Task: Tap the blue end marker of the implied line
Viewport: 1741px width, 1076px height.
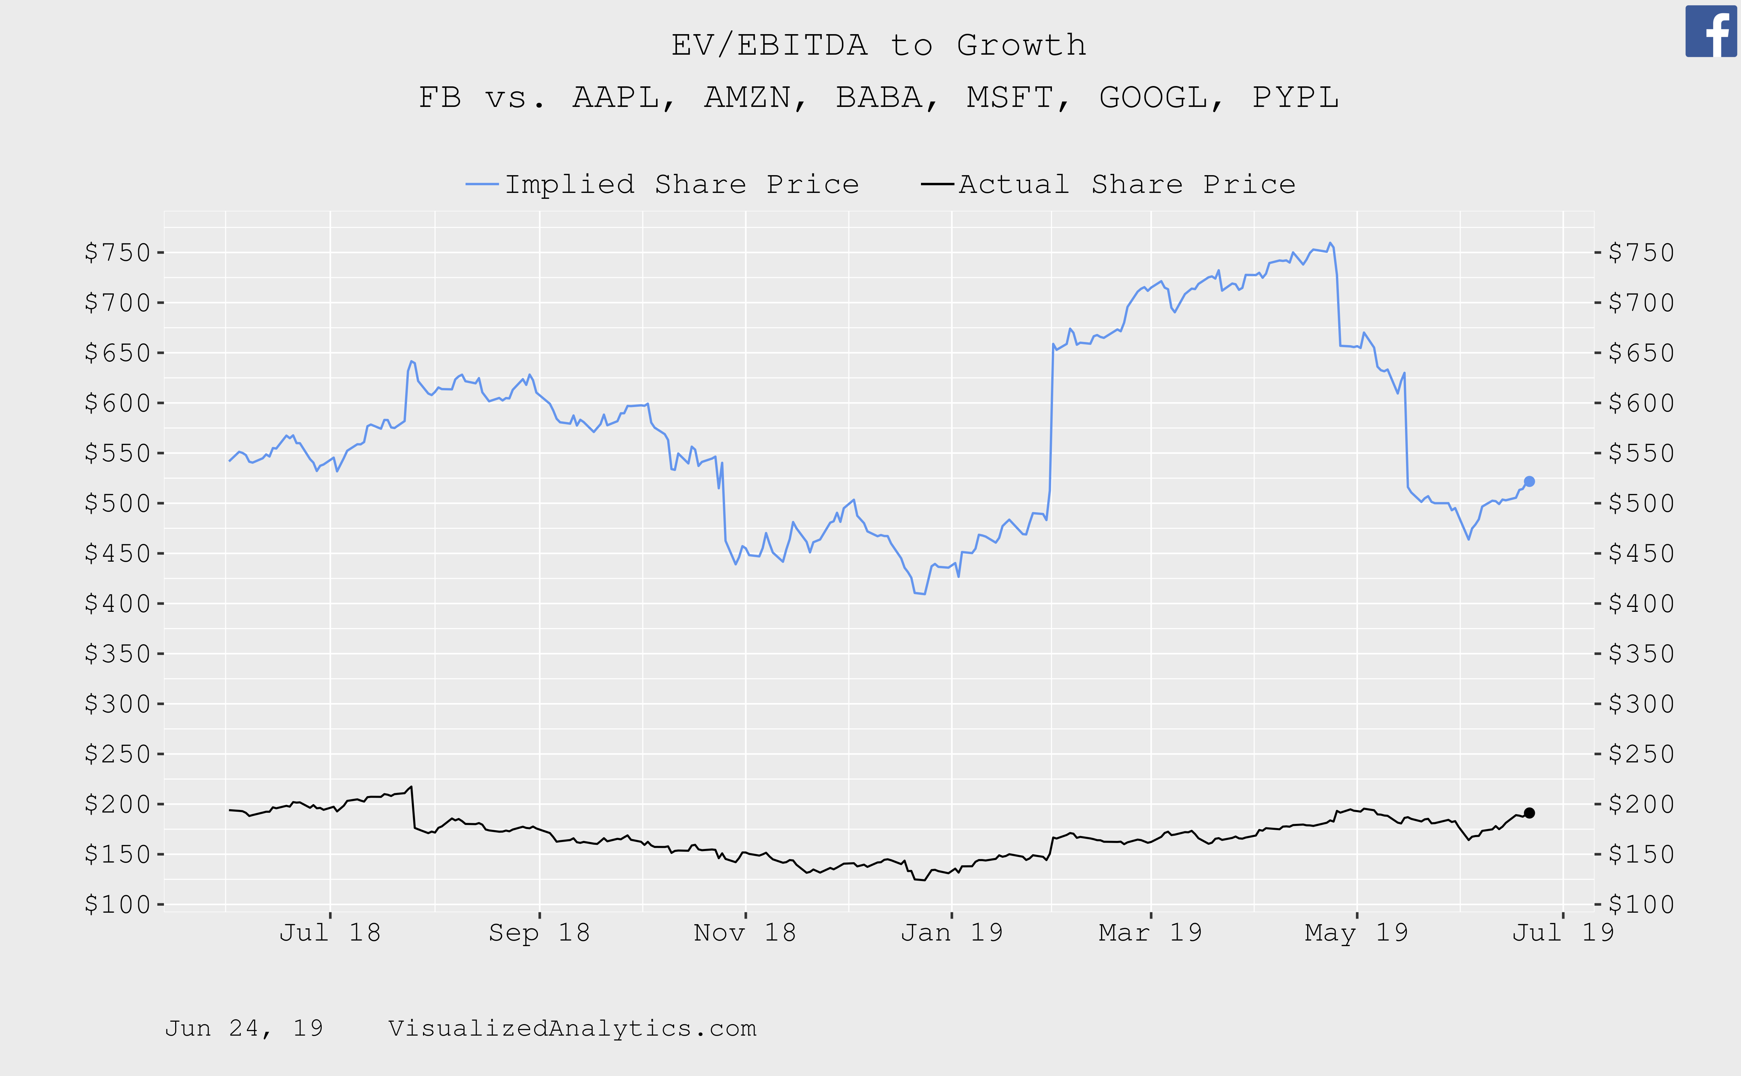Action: click(1529, 482)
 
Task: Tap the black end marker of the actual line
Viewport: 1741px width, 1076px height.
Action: click(1529, 813)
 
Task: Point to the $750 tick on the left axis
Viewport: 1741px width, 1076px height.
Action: click(117, 252)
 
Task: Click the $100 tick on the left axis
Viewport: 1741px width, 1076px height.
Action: click(117, 904)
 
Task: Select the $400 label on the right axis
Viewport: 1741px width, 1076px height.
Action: click(1641, 603)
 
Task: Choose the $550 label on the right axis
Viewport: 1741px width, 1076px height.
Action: click(1641, 453)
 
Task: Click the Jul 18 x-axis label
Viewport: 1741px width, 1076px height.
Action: click(330, 932)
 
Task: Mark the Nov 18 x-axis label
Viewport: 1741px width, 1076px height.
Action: click(745, 932)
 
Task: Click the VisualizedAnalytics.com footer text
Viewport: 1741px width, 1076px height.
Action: click(572, 1028)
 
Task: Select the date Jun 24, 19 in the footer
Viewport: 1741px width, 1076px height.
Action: click(244, 1028)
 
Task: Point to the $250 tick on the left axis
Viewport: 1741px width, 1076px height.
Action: click(117, 754)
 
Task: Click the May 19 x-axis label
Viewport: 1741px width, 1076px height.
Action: click(1356, 932)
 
